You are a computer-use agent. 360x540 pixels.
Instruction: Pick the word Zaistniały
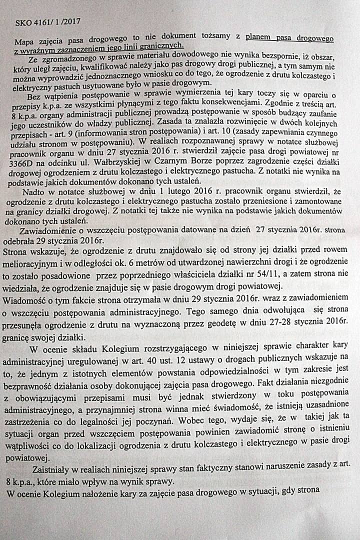[x=52, y=469]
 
